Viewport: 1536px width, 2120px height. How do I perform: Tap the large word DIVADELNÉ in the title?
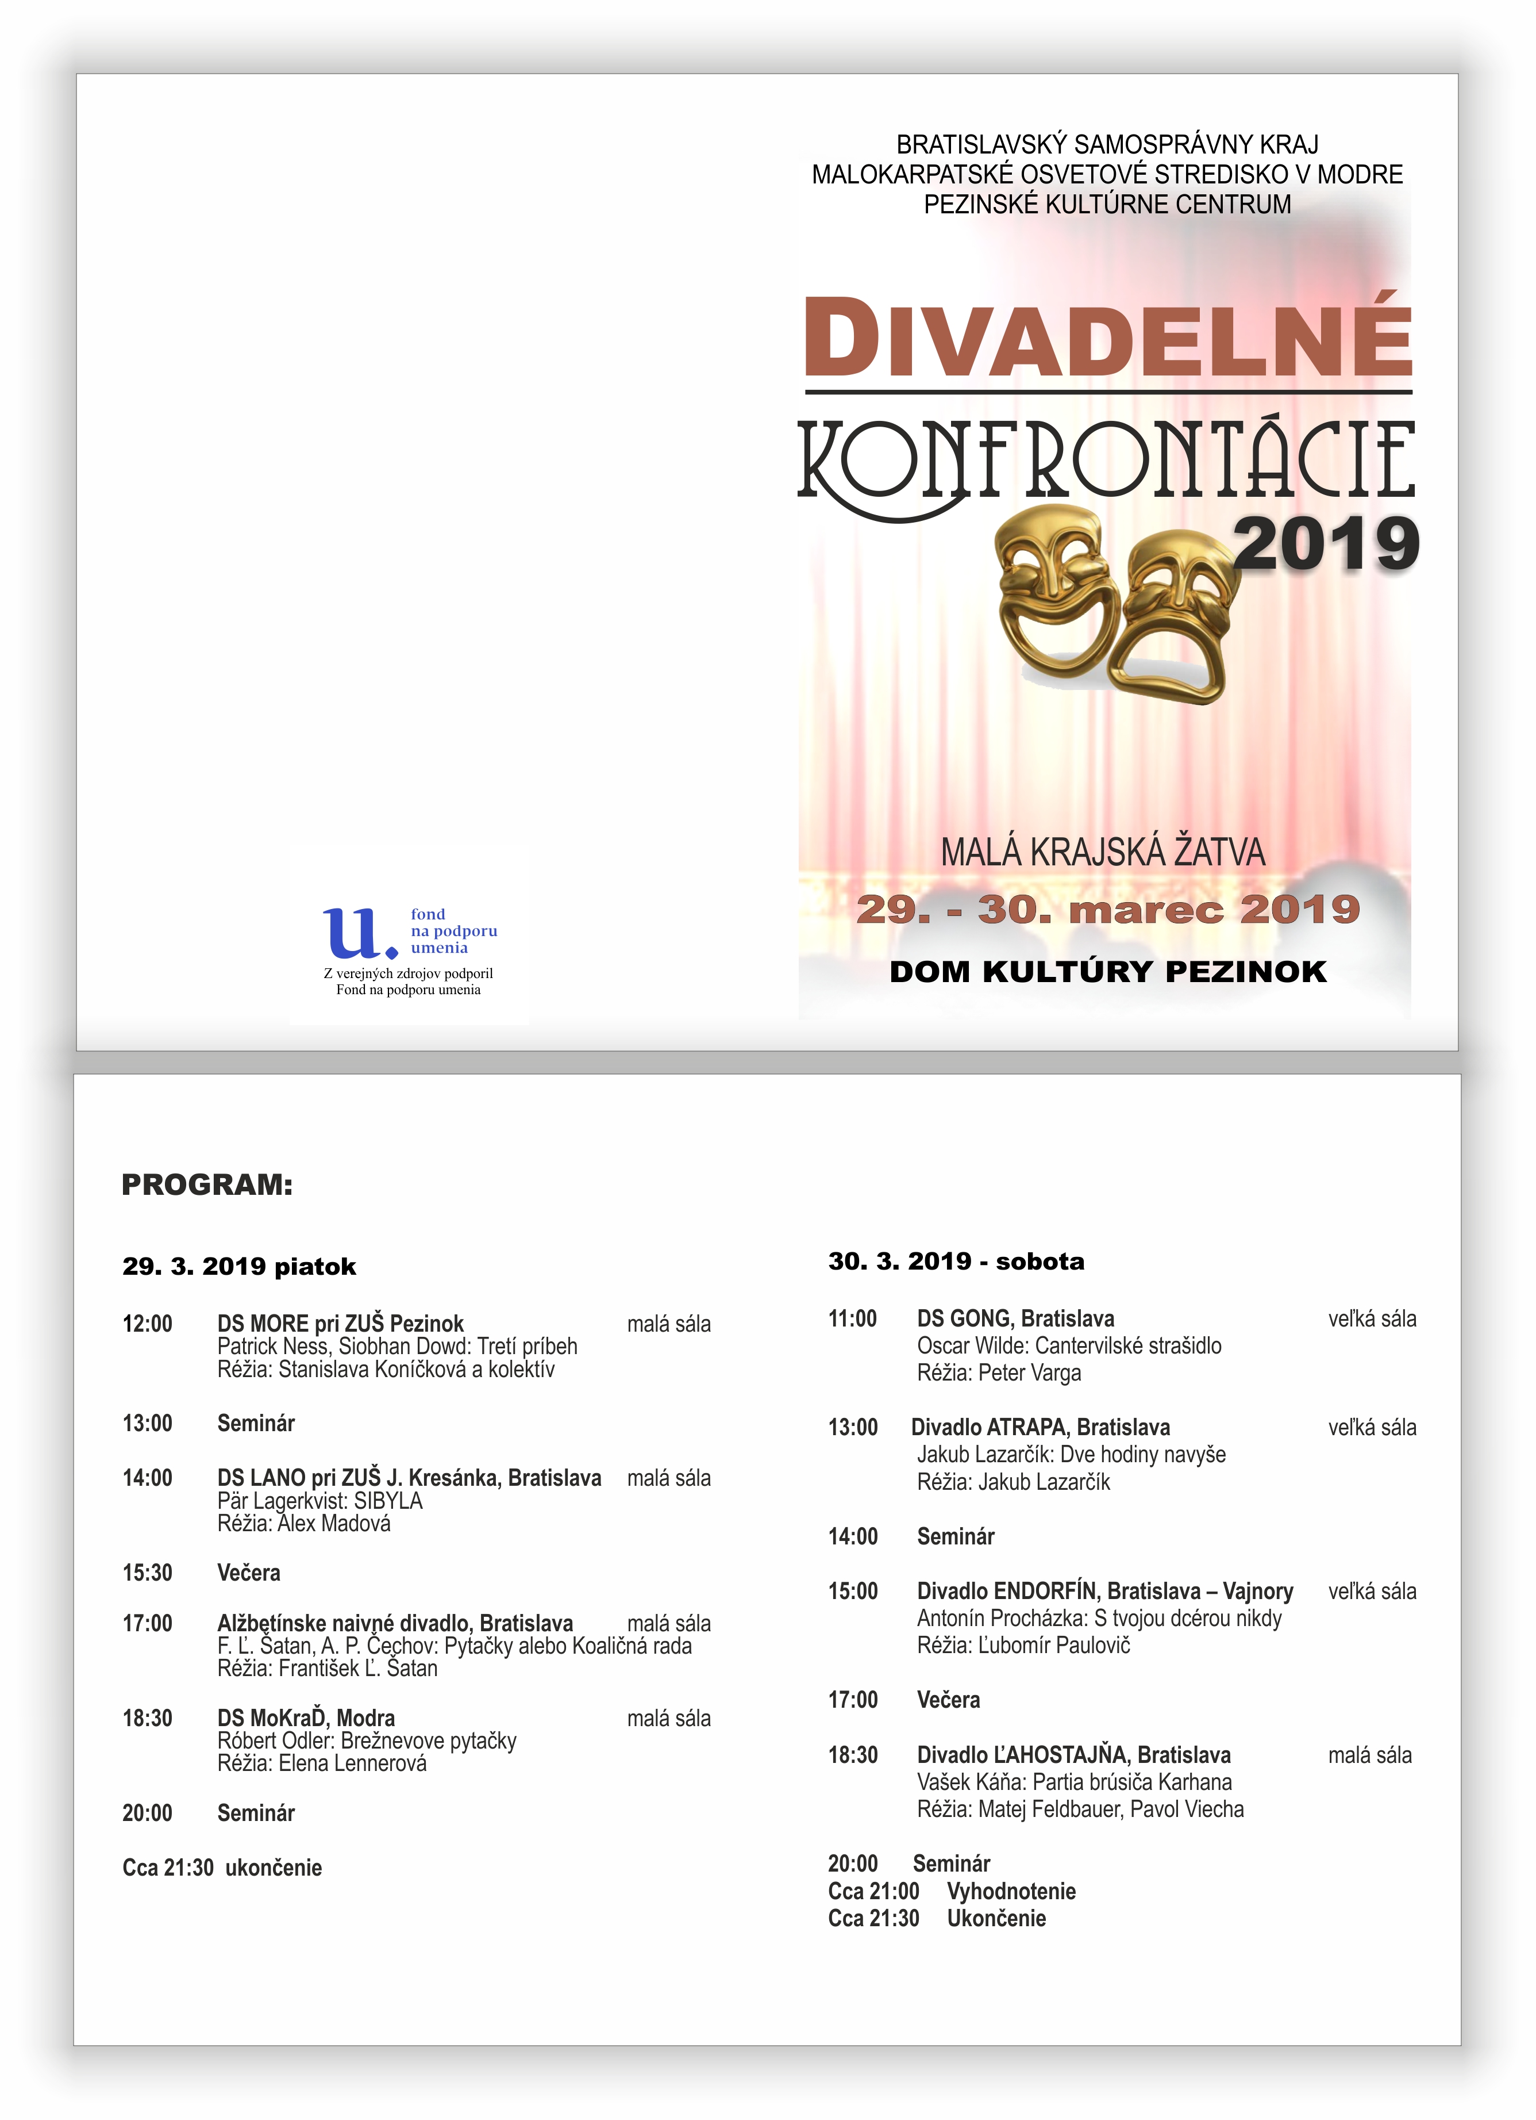(x=1108, y=338)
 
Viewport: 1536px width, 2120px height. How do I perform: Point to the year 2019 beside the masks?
(x=1325, y=544)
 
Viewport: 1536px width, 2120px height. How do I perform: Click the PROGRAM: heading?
(x=207, y=1184)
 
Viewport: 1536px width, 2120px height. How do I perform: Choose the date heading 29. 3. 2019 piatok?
(x=239, y=1267)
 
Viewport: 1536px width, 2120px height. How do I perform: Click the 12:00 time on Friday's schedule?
(x=148, y=1324)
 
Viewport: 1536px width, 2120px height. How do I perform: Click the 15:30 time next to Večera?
(x=148, y=1572)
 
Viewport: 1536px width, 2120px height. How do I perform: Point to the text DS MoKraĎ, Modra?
(x=306, y=1718)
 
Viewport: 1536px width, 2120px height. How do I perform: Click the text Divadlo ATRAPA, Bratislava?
(x=1040, y=1427)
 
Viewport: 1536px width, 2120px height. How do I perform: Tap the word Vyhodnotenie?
(x=1011, y=1891)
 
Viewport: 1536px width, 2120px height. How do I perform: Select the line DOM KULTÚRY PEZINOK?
(x=1108, y=971)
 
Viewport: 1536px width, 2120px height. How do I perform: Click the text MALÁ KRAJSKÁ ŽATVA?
(x=1103, y=853)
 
